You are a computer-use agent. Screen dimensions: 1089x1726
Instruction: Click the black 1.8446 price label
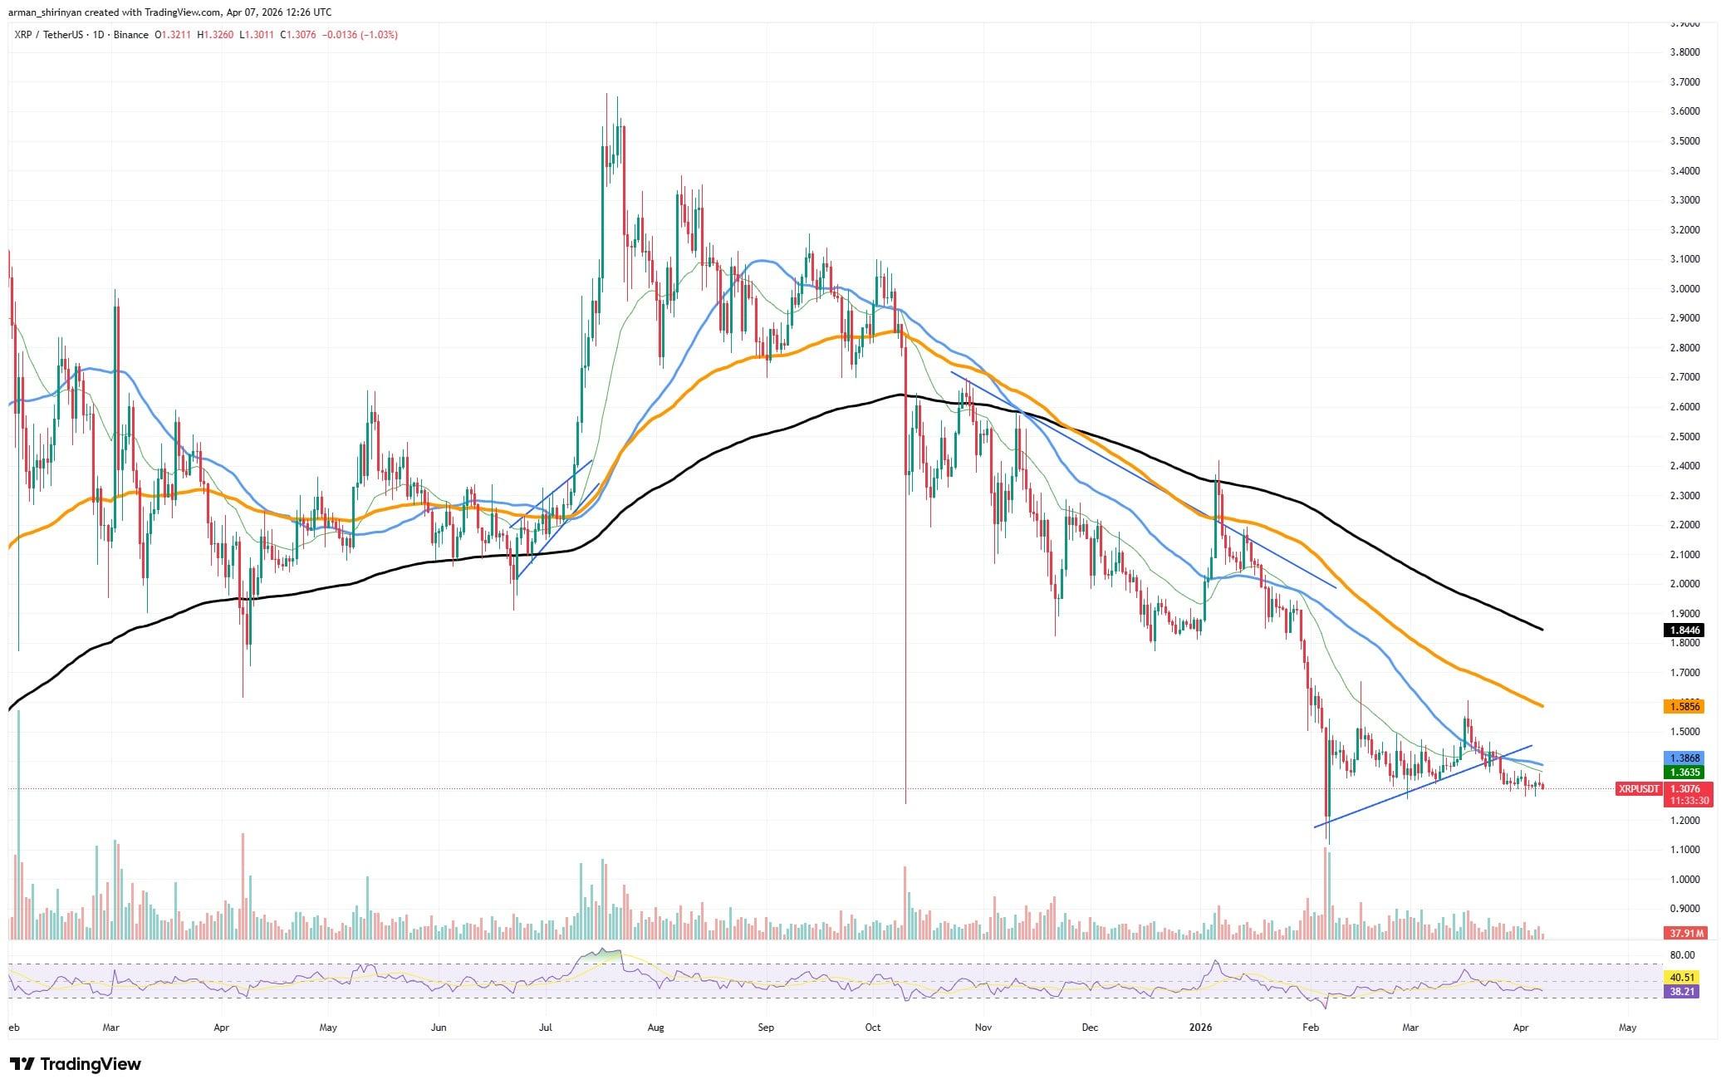(x=1683, y=630)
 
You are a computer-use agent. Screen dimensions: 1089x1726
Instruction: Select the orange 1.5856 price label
(x=1683, y=707)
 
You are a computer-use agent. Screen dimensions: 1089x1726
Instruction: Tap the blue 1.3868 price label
(x=1683, y=758)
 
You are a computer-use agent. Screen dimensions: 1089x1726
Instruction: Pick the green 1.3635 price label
(x=1683, y=773)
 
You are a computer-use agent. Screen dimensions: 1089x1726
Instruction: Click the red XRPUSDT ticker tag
(x=1638, y=788)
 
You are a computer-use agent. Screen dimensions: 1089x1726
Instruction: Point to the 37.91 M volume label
(x=1683, y=933)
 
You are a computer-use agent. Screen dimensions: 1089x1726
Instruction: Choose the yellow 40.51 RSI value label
(x=1683, y=978)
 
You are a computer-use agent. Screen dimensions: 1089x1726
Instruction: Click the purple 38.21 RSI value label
(x=1683, y=992)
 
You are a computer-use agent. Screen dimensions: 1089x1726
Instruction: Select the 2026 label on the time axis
(x=1200, y=1028)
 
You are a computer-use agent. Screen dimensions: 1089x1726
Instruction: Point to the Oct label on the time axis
(x=872, y=1028)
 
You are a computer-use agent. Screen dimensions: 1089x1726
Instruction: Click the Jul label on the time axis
(x=546, y=1028)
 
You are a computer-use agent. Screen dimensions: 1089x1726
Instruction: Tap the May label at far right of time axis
(x=1627, y=1028)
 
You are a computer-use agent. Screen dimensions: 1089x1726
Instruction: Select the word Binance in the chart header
(x=131, y=35)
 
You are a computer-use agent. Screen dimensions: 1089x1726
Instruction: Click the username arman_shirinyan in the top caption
(x=53, y=12)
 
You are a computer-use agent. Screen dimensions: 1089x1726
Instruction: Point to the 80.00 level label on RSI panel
(x=1682, y=955)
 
